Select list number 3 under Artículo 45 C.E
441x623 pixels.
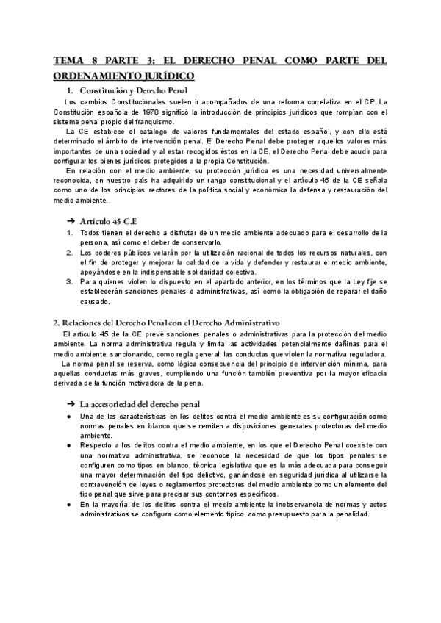coord(70,281)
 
